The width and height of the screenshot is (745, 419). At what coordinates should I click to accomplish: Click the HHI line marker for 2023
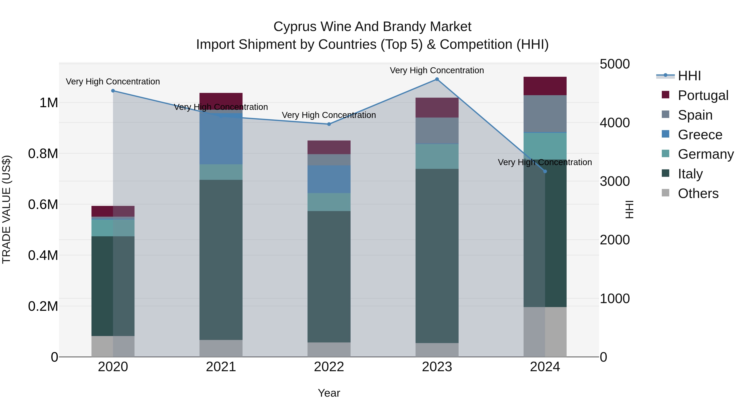click(437, 79)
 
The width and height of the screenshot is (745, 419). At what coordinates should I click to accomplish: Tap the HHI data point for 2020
click(113, 91)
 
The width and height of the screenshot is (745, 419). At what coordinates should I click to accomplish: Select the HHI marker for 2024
click(545, 172)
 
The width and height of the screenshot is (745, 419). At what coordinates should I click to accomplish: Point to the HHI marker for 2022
click(329, 124)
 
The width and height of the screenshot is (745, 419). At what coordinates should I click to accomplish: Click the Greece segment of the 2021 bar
click(221, 139)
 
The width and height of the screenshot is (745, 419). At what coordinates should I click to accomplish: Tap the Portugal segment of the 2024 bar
click(545, 86)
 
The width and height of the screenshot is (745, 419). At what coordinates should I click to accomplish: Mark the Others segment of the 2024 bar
click(545, 332)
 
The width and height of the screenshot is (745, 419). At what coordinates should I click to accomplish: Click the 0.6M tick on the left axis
click(43, 204)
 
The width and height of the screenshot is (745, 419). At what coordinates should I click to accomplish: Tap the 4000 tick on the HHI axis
click(615, 123)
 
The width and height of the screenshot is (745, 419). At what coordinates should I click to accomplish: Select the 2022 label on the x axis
click(329, 367)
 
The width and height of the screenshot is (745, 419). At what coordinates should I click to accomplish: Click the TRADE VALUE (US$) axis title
click(6, 209)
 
